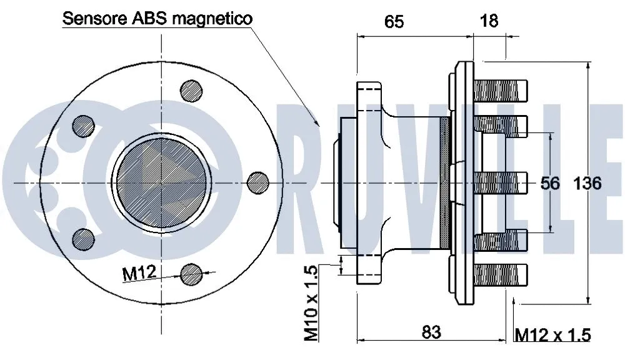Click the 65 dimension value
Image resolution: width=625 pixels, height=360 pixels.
pos(394,22)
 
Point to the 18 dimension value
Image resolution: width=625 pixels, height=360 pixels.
pos(489,21)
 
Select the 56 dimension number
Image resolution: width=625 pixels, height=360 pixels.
pos(550,183)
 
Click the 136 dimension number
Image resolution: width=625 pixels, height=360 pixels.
pos(587,183)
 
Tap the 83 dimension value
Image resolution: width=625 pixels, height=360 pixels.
pos(431,332)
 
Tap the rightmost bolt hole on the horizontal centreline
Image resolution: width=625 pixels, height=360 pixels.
pos(258,182)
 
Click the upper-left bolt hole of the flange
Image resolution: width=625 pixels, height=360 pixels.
pos(83,127)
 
